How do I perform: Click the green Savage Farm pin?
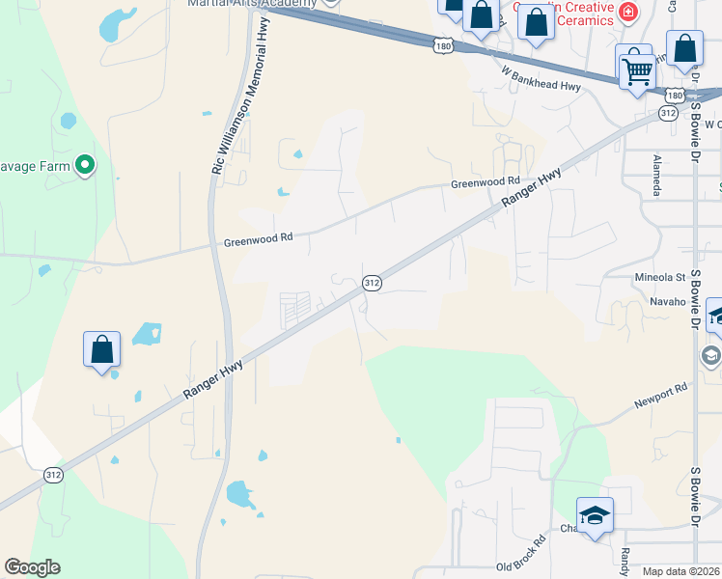tap(85, 166)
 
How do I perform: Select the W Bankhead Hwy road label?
tap(541, 78)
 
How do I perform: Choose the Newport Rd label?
tap(660, 395)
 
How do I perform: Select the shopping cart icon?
tap(636, 69)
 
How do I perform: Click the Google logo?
tap(32, 567)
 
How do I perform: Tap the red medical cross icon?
tap(628, 12)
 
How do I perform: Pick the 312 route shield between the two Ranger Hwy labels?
tap(372, 283)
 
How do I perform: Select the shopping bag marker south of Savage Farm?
tap(101, 351)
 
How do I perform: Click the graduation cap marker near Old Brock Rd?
tap(596, 516)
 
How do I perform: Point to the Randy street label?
tap(625, 560)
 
